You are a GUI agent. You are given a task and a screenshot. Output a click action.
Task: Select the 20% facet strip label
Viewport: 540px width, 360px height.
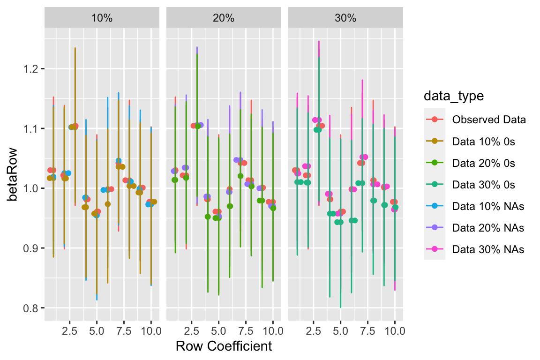point(223,18)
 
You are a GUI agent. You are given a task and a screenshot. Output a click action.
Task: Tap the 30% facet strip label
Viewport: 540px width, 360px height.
point(345,18)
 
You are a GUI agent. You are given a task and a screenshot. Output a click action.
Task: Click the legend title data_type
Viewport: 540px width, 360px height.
point(453,97)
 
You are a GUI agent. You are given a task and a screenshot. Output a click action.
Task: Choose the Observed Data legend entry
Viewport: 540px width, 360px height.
point(488,120)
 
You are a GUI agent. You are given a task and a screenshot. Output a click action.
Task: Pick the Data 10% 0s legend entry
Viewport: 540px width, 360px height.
point(484,141)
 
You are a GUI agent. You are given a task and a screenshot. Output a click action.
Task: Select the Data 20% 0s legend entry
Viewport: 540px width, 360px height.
point(484,163)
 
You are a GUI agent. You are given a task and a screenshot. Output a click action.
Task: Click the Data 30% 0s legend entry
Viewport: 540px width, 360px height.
point(484,185)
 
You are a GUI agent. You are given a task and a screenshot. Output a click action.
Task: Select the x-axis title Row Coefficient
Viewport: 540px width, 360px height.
point(224,346)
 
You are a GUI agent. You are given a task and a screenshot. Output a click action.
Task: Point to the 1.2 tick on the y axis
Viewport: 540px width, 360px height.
point(30,69)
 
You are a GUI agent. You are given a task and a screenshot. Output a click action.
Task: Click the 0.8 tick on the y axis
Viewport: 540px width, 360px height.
point(30,308)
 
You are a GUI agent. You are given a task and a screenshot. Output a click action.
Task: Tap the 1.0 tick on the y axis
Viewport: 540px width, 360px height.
point(30,188)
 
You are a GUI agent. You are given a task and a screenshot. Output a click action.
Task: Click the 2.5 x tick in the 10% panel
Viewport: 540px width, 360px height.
point(70,331)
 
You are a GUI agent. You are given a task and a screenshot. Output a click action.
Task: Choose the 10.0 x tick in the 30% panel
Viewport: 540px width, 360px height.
point(394,331)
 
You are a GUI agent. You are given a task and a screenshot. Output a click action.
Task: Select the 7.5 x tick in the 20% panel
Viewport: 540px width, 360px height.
point(246,331)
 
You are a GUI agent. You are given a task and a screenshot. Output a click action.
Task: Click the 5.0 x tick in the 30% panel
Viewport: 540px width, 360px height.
point(340,331)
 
